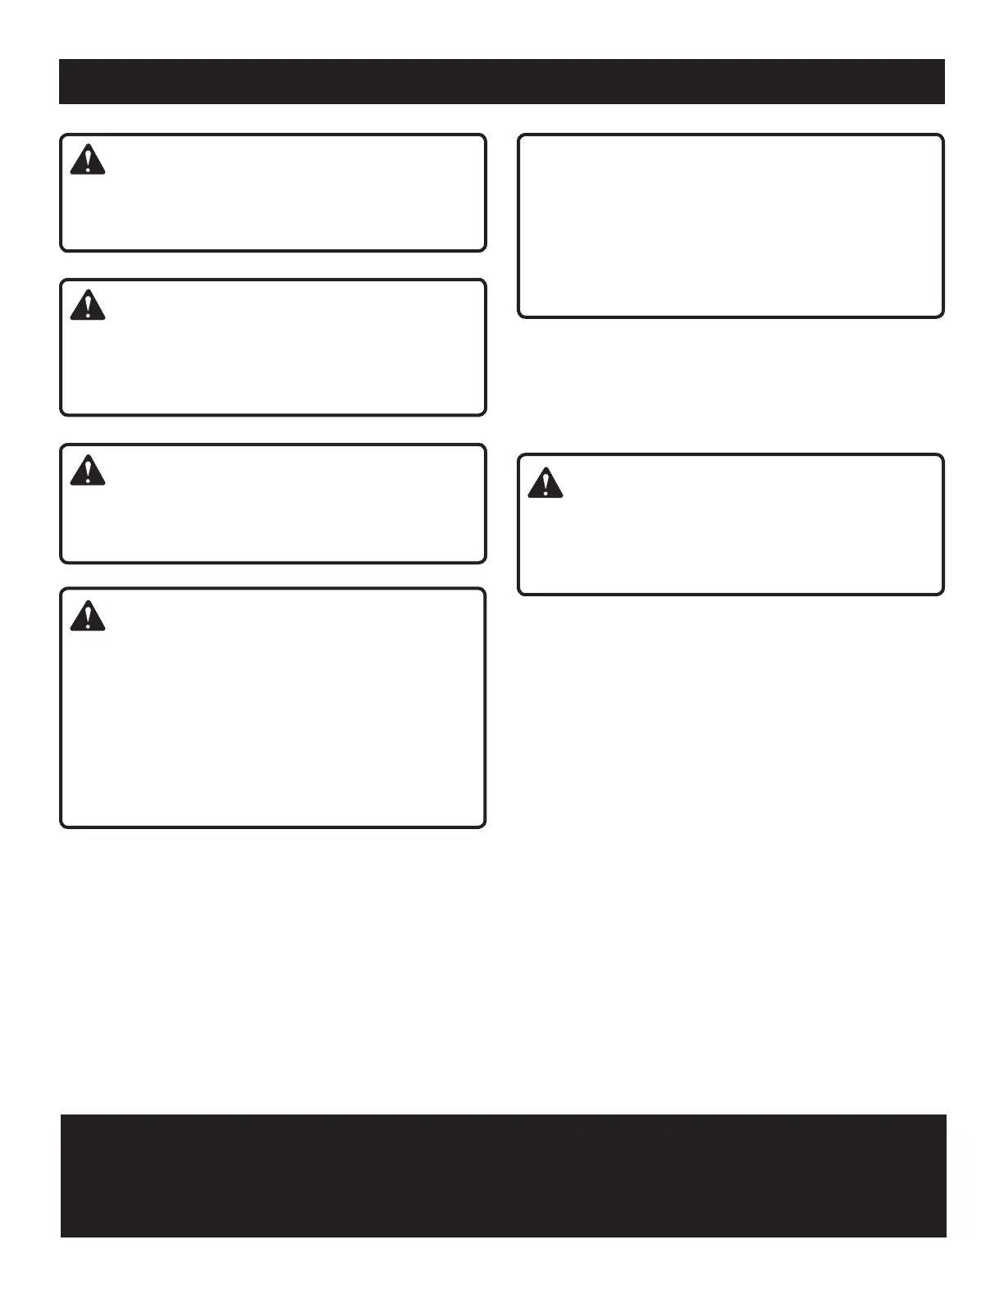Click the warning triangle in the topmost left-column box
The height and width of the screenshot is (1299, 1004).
(88, 160)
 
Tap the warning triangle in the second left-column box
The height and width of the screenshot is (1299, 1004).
(88, 305)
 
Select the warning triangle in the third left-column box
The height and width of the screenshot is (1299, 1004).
(88, 470)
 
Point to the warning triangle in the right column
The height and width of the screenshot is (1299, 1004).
(545, 483)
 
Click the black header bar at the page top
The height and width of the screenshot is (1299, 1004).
(502, 81)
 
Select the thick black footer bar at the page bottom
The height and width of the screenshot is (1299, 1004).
(503, 1175)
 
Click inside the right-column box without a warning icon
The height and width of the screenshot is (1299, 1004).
(730, 226)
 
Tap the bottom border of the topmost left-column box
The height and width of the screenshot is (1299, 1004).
(273, 249)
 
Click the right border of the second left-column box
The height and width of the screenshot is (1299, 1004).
(485, 348)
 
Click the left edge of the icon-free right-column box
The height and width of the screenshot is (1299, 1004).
(519, 226)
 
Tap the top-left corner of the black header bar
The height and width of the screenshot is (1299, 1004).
(60, 60)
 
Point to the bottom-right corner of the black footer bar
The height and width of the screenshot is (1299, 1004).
(945, 1236)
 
